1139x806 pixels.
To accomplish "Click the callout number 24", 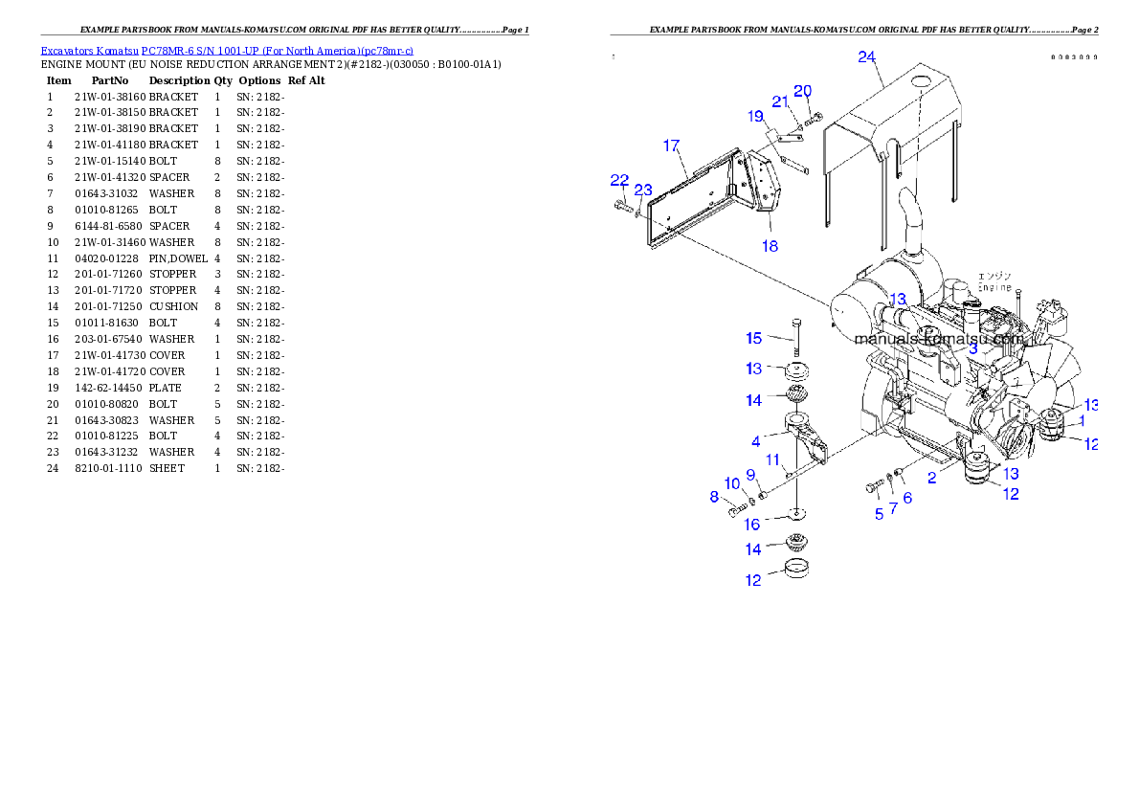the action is point(866,57).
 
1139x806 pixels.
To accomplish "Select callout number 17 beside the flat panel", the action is point(671,146).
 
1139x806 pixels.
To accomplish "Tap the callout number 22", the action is point(620,180).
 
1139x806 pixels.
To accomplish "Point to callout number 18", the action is point(770,246).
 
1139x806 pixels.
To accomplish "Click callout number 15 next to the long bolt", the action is point(754,338).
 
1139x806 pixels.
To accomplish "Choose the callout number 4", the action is point(756,441).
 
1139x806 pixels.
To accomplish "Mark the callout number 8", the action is point(714,496).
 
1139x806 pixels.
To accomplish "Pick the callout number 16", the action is point(753,525).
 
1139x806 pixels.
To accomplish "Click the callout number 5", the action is point(879,514).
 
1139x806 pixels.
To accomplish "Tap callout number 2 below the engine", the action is point(931,477).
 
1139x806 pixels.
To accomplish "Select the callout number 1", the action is point(1082,420).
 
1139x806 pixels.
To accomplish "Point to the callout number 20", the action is point(803,91).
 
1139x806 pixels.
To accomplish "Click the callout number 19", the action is point(757,117).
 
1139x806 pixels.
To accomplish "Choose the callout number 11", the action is point(772,459).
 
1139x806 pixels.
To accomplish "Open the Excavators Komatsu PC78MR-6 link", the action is point(227,51).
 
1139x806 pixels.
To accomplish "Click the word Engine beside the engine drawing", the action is point(994,287).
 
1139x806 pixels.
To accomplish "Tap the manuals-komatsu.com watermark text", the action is point(939,339).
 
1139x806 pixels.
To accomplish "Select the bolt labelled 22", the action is point(623,204).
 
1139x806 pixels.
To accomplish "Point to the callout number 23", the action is point(643,190).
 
